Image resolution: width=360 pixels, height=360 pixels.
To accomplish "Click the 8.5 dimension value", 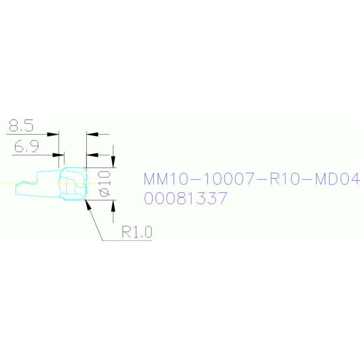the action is [21, 125].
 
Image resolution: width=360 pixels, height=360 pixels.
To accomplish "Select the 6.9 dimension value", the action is [27, 146].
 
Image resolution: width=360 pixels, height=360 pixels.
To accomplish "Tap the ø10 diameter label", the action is [104, 184].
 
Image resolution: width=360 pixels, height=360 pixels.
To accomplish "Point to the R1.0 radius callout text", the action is [137, 232].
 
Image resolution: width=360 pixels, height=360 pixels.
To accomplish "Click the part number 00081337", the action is [185, 198].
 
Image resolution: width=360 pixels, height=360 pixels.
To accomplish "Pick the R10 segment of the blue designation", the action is [285, 179].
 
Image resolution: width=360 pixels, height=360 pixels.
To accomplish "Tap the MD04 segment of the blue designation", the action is [337, 179].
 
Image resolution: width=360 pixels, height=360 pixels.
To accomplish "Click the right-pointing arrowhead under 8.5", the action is [53, 134].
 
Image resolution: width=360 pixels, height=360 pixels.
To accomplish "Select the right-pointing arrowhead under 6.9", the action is [58, 155].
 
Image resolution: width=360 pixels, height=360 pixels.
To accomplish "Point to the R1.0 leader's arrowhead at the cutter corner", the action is [88, 205].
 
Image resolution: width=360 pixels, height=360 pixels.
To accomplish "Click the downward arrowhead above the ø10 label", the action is [113, 162].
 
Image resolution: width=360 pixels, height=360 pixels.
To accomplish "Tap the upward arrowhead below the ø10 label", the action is [113, 206].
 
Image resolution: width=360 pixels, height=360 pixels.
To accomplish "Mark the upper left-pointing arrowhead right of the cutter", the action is [92, 134].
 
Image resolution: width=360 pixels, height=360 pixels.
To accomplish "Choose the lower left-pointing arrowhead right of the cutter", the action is [92, 155].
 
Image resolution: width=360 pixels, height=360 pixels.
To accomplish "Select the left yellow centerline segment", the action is [21, 184].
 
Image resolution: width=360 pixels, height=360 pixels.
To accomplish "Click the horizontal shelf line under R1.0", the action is [127, 240].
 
